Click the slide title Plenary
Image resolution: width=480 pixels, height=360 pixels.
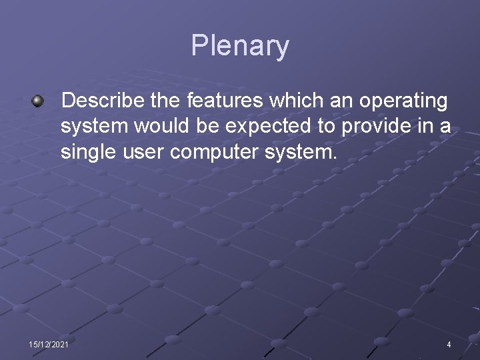click(x=240, y=46)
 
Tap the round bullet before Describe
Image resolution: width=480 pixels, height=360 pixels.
click(x=38, y=101)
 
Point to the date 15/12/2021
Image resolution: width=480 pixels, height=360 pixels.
click(x=48, y=344)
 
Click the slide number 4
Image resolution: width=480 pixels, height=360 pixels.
click(x=449, y=344)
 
